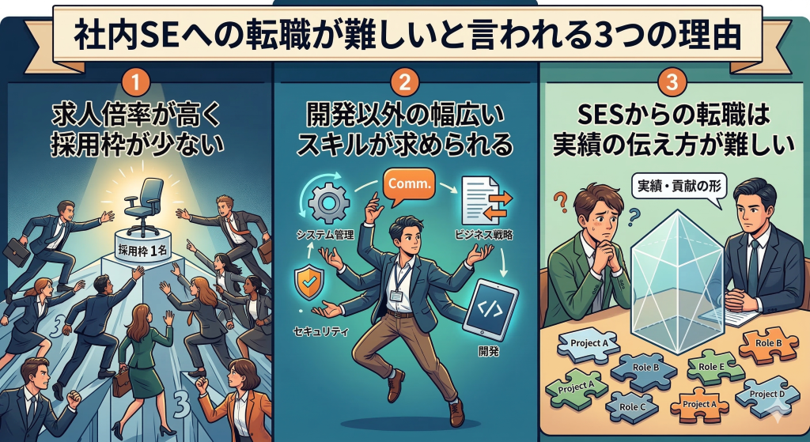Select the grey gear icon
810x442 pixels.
click(x=324, y=204)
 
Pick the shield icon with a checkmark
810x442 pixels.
click(x=308, y=284)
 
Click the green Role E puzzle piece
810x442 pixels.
click(x=710, y=368)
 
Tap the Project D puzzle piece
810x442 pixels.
click(x=763, y=393)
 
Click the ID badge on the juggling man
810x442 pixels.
click(x=396, y=294)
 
